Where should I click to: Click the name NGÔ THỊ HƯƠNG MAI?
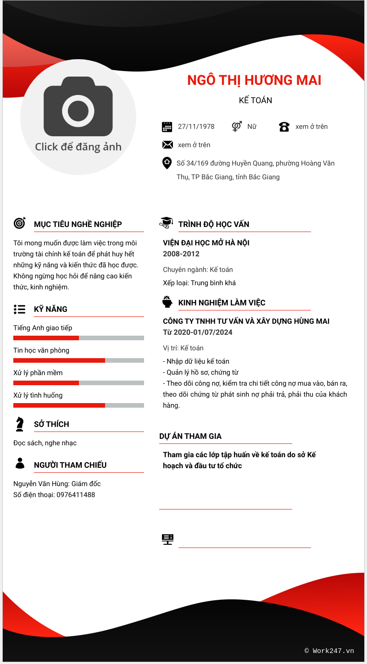pyautogui.click(x=254, y=80)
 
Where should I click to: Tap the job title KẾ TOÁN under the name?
pyautogui.click(x=256, y=100)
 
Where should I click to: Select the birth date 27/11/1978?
pyautogui.click(x=196, y=127)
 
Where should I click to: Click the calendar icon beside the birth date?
pyautogui.click(x=167, y=127)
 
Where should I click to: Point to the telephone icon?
pyautogui.click(x=284, y=127)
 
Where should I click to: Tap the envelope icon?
pyautogui.click(x=167, y=145)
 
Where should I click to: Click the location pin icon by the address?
pyautogui.click(x=167, y=163)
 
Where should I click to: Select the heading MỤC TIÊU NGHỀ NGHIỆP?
pyautogui.click(x=78, y=224)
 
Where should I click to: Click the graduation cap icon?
pyautogui.click(x=166, y=222)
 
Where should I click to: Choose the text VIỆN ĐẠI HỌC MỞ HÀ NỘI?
pyautogui.click(x=206, y=243)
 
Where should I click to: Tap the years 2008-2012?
pyautogui.click(x=181, y=254)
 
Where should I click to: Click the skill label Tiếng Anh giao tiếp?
pyautogui.click(x=43, y=328)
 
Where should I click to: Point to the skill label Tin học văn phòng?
pyautogui.click(x=41, y=350)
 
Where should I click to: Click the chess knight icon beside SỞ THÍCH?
pyautogui.click(x=19, y=424)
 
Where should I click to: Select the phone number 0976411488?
pyautogui.click(x=76, y=495)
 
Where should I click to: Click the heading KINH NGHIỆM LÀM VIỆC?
pyautogui.click(x=222, y=303)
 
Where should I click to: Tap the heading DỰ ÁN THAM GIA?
pyautogui.click(x=190, y=436)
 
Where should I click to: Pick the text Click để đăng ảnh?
pyautogui.click(x=78, y=147)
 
